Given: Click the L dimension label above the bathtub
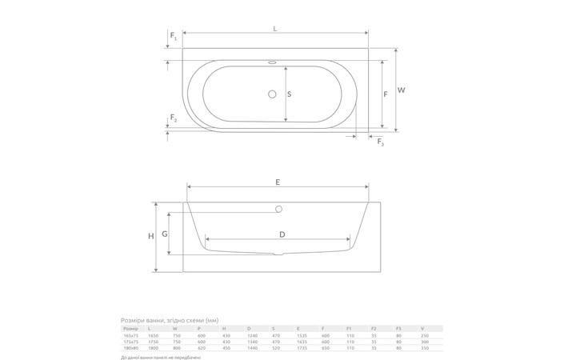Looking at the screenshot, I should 275,29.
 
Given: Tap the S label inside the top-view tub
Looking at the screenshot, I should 289,94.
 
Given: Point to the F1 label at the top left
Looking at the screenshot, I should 174,37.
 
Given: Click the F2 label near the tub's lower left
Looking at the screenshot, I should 174,120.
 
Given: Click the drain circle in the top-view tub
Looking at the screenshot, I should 272,94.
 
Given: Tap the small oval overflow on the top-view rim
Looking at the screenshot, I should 272,62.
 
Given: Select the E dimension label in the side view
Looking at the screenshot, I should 278,182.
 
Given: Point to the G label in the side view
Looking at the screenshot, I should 164,234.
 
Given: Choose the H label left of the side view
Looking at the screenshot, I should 150,236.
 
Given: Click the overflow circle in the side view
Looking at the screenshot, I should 278,210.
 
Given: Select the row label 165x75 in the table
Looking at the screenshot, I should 130,335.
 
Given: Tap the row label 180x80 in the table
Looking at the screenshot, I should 130,348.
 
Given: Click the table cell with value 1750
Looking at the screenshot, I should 154,342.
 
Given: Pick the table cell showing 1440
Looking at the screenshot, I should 253,348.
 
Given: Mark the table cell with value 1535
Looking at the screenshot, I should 301,335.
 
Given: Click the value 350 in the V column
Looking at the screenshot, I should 423,348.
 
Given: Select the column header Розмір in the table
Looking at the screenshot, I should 130,328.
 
